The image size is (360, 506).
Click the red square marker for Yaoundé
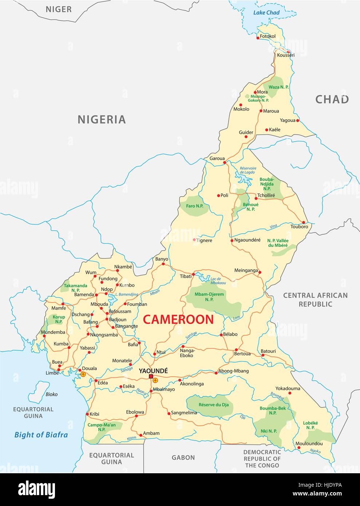(151, 377)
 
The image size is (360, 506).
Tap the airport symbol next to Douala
(83, 374)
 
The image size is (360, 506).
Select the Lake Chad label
(266, 13)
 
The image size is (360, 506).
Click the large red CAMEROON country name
(178, 320)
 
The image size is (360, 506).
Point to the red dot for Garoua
(225, 162)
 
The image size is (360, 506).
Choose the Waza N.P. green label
(278, 87)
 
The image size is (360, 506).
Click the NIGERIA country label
(102, 119)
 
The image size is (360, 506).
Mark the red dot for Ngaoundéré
(232, 240)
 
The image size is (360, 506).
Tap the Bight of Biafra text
(41, 435)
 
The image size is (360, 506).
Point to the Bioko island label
(52, 394)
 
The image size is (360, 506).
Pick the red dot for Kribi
(87, 414)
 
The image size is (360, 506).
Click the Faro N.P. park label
(195, 206)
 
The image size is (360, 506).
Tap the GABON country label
(183, 458)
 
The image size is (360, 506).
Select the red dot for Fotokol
(258, 37)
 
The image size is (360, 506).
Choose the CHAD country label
(332, 99)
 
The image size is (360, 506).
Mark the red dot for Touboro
(303, 222)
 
